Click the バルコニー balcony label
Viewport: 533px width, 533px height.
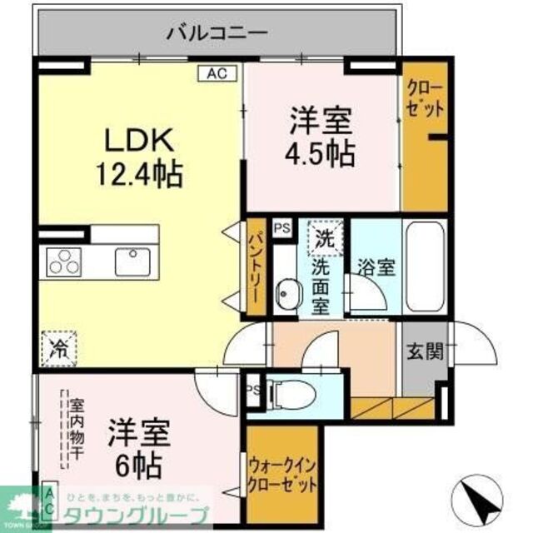click(217, 33)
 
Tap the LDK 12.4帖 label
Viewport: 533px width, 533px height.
click(138, 158)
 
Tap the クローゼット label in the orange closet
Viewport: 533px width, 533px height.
click(424, 97)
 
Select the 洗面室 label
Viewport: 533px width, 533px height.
click(321, 285)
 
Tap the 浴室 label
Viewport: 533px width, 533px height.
click(371, 268)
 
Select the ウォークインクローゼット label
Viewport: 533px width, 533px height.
click(282, 474)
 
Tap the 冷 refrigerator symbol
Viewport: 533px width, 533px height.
click(60, 342)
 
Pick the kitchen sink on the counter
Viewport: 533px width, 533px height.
click(130, 260)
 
